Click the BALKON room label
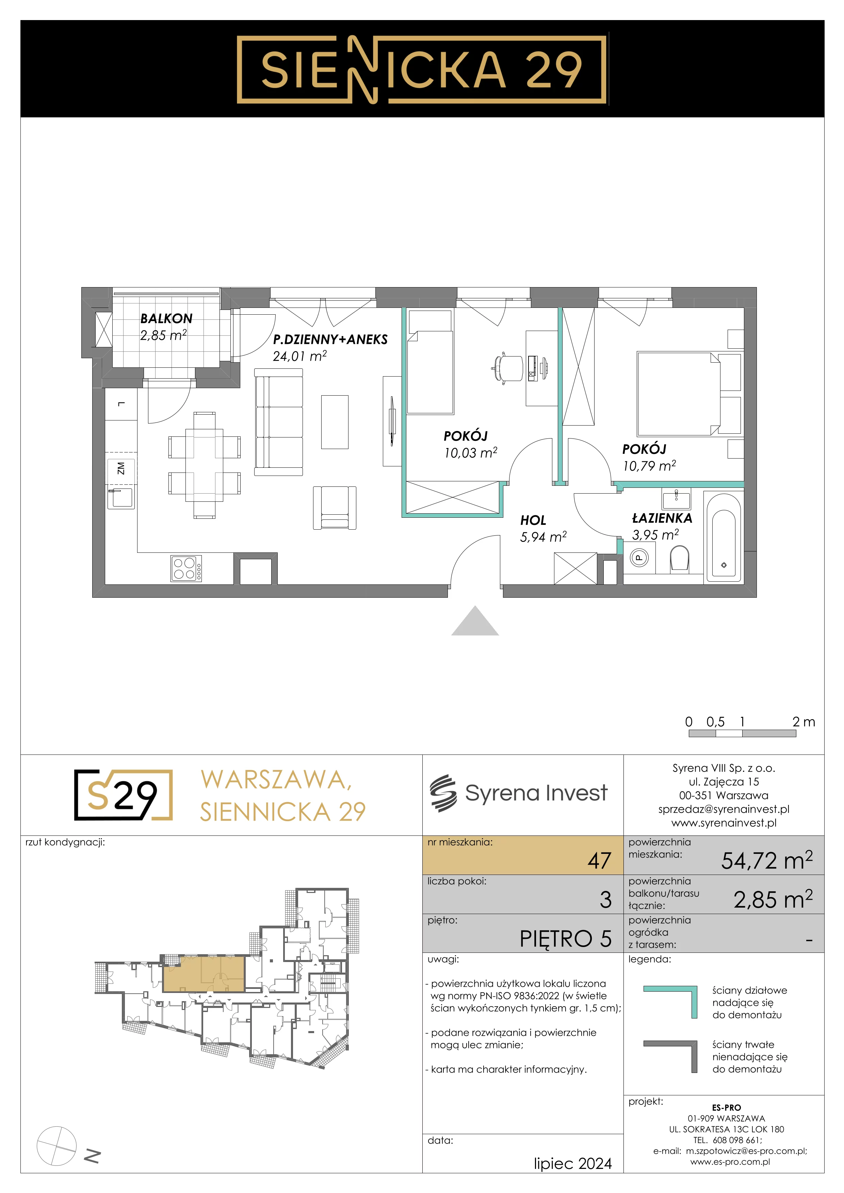(x=166, y=318)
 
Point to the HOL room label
(x=533, y=520)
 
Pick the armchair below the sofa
(x=335, y=508)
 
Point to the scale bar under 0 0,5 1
(x=742, y=734)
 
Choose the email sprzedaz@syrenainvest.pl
(x=724, y=809)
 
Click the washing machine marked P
(x=639, y=559)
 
